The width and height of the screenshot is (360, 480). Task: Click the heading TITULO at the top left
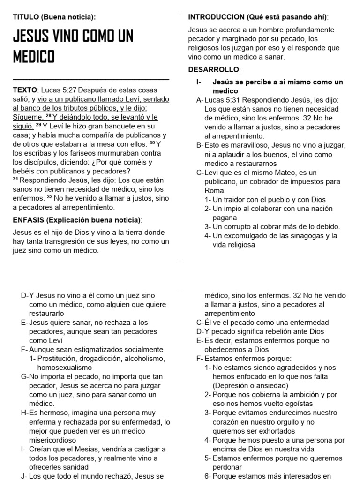[25, 17]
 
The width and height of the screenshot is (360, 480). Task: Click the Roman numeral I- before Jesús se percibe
[199, 82]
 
